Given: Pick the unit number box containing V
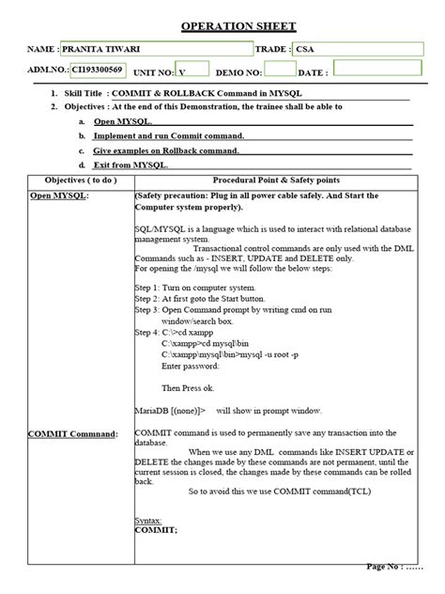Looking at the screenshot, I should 194,70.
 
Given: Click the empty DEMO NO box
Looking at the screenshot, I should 280,69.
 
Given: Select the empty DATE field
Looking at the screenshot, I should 376,69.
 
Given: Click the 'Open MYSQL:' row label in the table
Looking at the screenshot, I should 53,196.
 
